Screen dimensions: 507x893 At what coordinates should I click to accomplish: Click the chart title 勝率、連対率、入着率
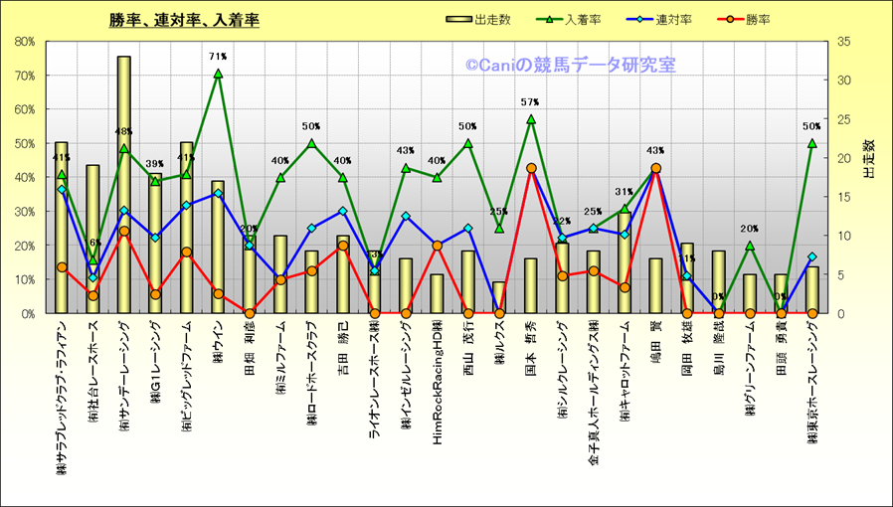(x=185, y=19)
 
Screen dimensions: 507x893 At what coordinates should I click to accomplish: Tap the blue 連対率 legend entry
(x=662, y=19)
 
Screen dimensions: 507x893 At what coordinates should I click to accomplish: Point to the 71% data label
(x=218, y=57)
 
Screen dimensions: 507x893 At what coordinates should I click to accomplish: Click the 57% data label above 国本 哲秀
(x=530, y=101)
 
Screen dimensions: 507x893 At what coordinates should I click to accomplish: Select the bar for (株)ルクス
(x=499, y=297)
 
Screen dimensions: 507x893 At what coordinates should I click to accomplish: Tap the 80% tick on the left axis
(x=24, y=42)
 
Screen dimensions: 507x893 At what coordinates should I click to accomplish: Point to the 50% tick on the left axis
(x=24, y=143)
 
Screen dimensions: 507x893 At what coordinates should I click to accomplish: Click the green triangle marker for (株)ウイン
(x=218, y=74)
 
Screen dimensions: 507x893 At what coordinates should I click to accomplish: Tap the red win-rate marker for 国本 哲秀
(x=531, y=168)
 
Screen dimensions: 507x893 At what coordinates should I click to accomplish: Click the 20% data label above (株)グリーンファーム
(x=749, y=229)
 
